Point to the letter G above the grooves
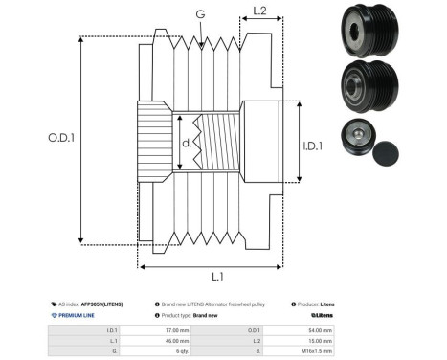click(200, 14)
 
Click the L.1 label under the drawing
click(216, 277)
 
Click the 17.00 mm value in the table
click(177, 328)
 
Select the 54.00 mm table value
click(320, 328)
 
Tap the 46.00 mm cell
click(177, 340)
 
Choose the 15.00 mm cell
click(320, 340)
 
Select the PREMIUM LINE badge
click(77, 315)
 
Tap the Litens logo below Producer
click(321, 315)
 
